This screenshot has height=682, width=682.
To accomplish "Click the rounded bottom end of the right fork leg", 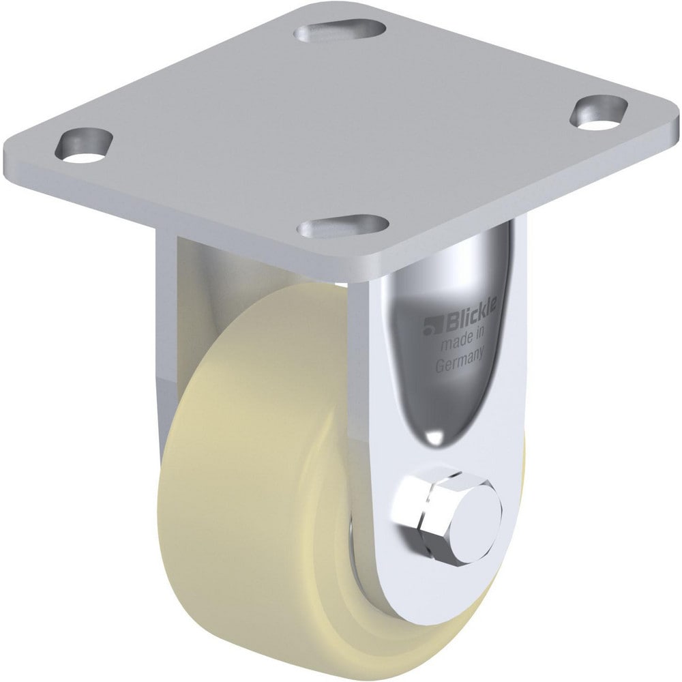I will coord(436,587).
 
